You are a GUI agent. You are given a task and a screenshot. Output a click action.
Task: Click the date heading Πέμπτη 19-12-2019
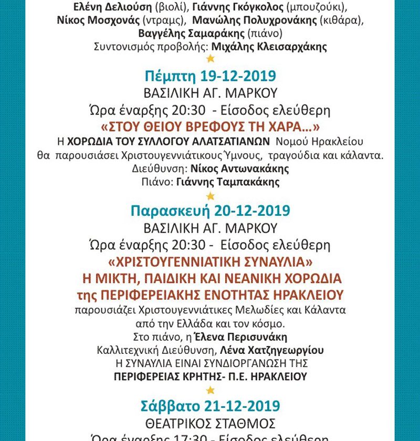point(210,76)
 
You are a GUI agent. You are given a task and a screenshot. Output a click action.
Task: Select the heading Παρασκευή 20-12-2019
point(210,211)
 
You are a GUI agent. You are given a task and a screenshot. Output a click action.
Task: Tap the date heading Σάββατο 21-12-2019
point(210,406)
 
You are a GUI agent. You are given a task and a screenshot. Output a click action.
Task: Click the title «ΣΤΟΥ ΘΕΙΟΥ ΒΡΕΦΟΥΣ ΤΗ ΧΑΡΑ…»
point(210,128)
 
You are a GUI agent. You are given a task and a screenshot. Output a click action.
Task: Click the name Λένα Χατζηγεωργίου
point(280,350)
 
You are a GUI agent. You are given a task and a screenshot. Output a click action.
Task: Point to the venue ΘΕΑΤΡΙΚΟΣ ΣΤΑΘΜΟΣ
point(210,421)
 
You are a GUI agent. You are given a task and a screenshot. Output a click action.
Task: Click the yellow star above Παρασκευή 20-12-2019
point(210,196)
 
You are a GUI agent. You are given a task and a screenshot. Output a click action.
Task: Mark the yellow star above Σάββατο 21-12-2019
point(210,390)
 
